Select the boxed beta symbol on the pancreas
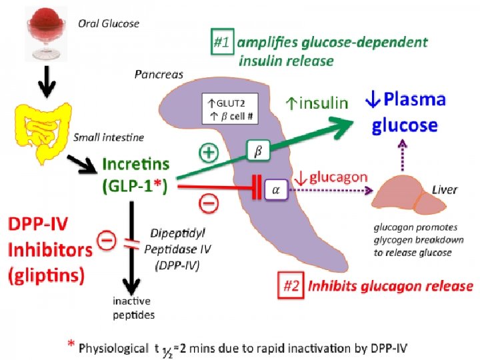[x=258, y=150]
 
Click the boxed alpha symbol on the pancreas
[x=276, y=190]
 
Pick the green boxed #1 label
[x=223, y=41]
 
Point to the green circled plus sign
[x=209, y=152]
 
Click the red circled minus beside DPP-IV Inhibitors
[x=107, y=240]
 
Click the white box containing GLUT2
[x=230, y=109]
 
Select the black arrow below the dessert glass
[x=47, y=82]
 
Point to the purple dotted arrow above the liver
[x=403, y=155]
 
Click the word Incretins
[x=135, y=164]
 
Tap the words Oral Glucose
[x=109, y=23]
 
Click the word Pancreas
[x=159, y=75]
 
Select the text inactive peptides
[x=133, y=307]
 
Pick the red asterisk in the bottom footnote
[x=71, y=344]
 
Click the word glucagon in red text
[x=338, y=177]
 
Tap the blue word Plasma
[x=415, y=99]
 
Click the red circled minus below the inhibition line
[x=209, y=203]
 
